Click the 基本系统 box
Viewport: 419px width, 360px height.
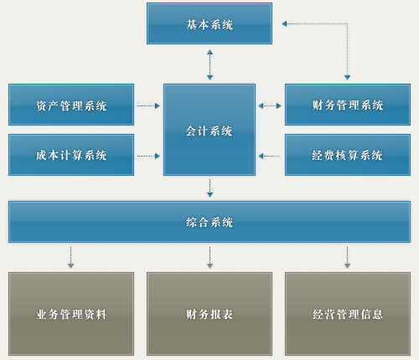point(209,23)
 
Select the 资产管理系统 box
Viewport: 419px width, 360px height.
point(71,105)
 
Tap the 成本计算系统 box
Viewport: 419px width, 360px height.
point(71,155)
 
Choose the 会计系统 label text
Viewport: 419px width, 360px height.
point(209,131)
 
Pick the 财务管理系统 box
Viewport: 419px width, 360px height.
point(348,105)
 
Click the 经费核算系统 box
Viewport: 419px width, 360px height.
point(348,155)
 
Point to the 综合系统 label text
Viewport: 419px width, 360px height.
point(209,222)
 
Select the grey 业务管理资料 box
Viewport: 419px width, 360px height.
point(71,314)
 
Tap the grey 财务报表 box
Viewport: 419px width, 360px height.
point(209,314)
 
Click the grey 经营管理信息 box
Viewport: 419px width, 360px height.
point(348,314)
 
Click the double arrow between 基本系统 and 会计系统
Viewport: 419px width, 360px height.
point(209,65)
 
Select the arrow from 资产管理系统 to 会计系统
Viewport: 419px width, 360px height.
point(148,105)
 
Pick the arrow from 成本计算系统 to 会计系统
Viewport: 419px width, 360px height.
point(148,156)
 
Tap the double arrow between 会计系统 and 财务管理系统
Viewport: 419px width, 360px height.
point(270,105)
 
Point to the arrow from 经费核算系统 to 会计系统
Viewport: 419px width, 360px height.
point(269,156)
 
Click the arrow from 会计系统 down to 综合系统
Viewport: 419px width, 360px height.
point(209,188)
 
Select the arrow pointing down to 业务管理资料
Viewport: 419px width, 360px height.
point(70,258)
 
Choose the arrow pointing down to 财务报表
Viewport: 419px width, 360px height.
point(209,258)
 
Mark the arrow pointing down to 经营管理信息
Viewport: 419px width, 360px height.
point(347,258)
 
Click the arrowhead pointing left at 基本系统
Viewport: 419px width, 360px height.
point(284,23)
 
